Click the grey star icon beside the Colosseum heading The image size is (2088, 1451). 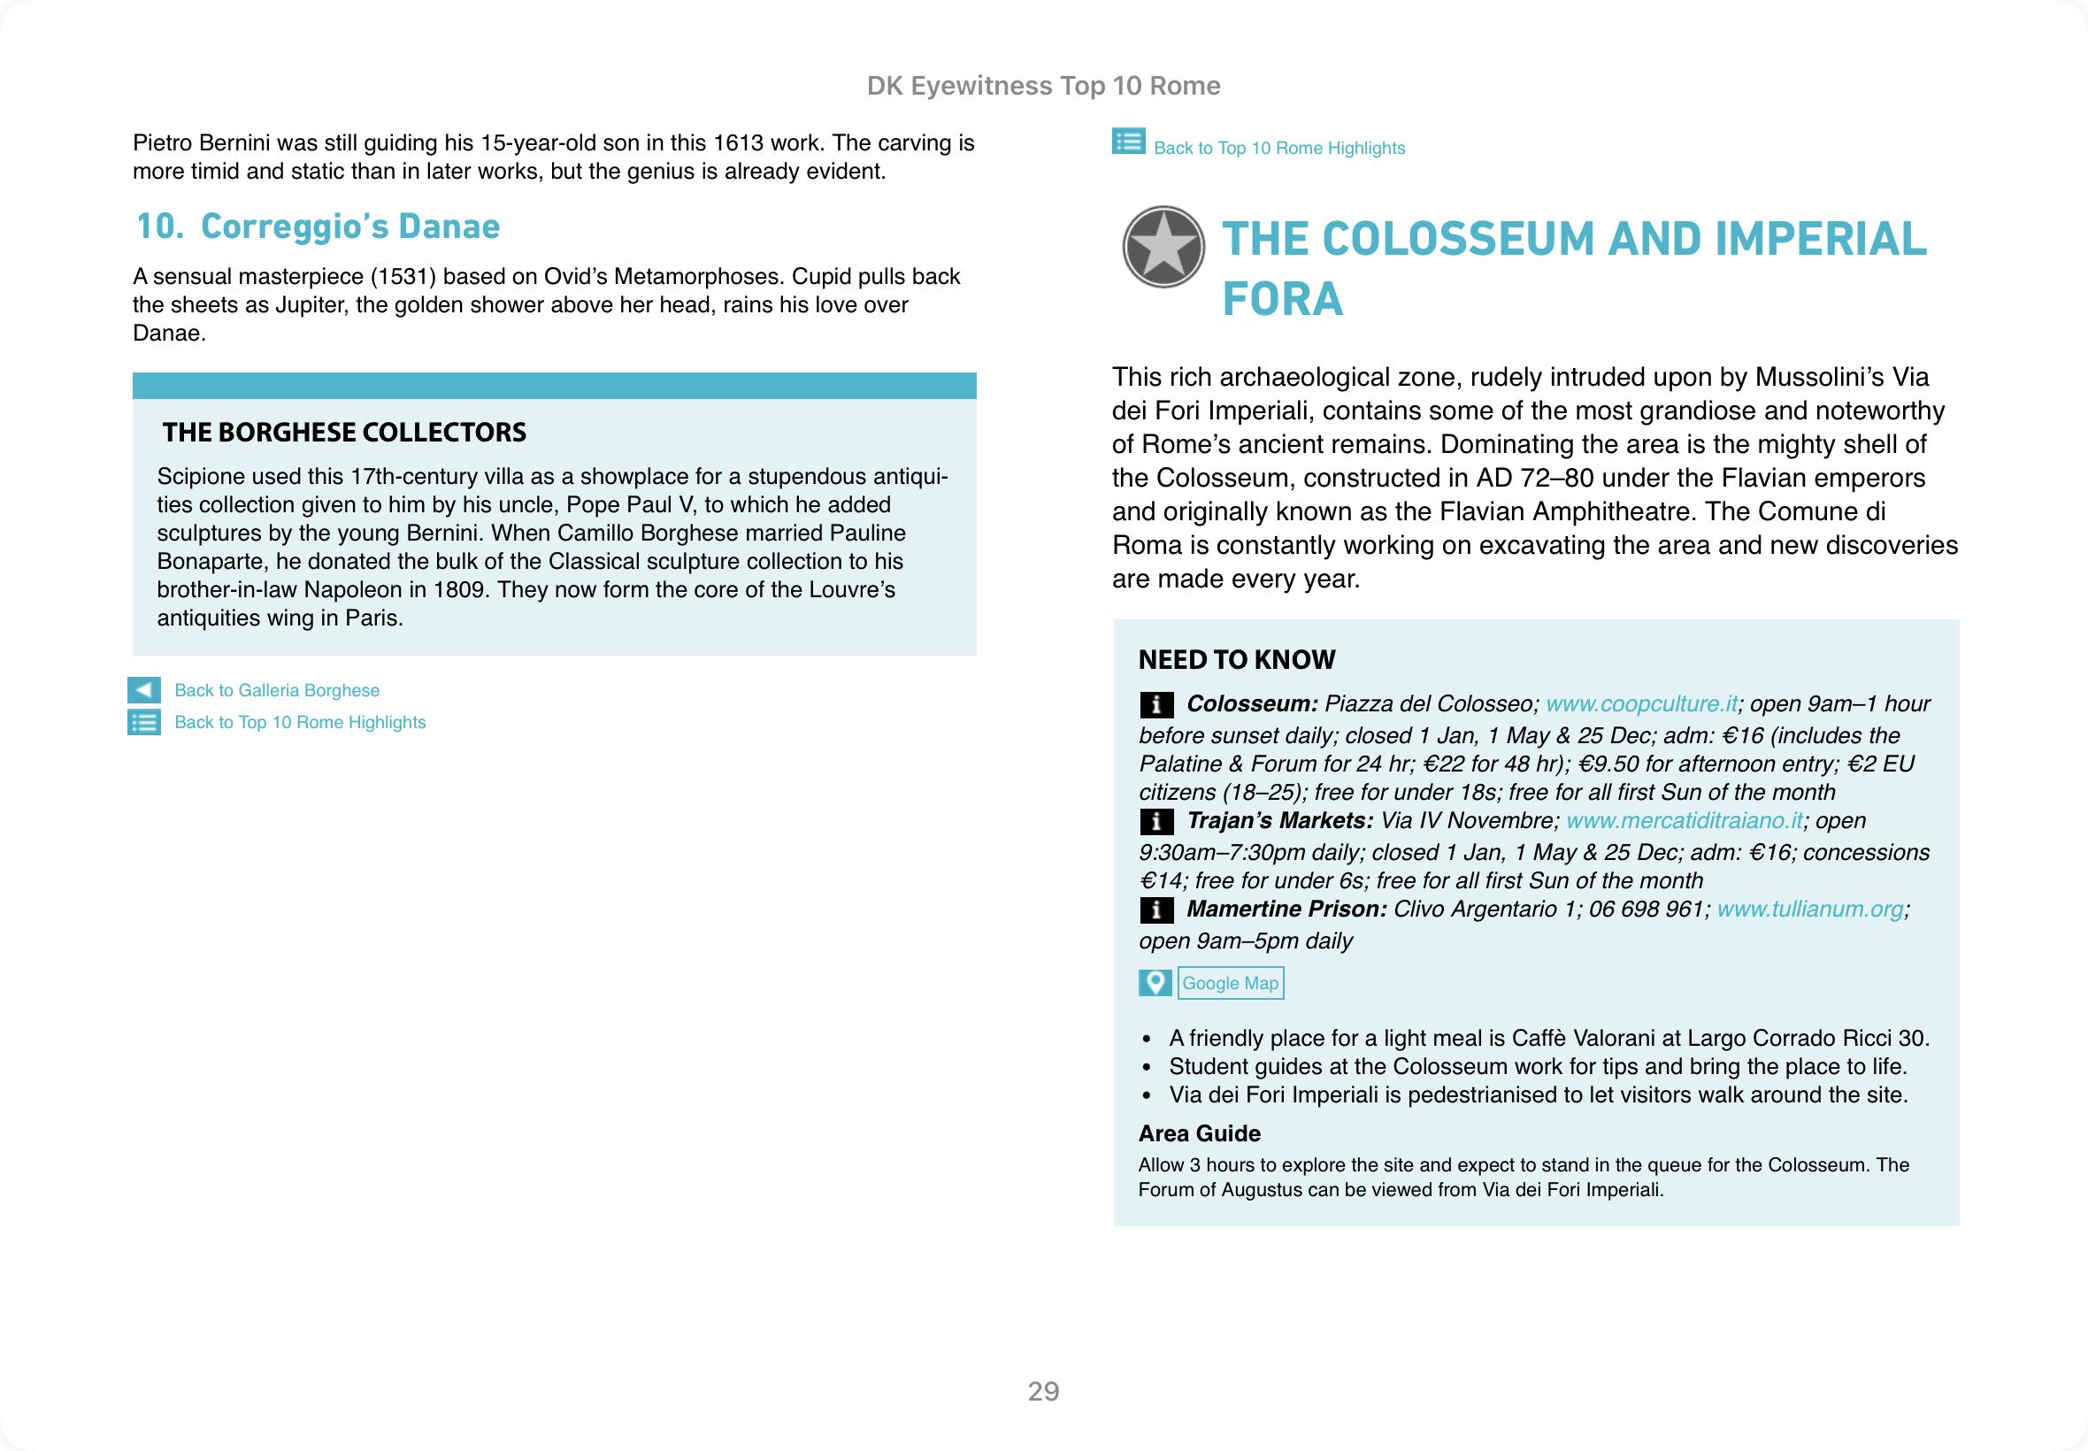coord(1163,247)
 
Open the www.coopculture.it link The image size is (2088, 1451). coord(1642,703)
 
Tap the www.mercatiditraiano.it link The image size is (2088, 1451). coord(1685,821)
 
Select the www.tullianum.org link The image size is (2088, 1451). coord(1810,910)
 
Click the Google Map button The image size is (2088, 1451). coord(1230,983)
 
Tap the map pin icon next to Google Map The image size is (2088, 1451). coord(1155,983)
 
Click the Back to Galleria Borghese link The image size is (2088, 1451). coord(276,690)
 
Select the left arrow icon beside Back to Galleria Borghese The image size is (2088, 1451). coord(143,690)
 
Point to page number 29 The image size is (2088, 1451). coord(1043,1392)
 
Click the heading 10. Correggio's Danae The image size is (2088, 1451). coord(319,226)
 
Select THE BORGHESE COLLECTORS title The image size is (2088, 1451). coord(343,432)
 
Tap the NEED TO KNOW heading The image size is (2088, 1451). coord(1236,660)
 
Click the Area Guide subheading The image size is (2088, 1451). coord(1199,1133)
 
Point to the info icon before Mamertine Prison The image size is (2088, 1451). coord(1155,910)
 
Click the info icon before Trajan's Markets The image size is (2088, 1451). coord(1155,822)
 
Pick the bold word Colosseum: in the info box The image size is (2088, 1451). coord(1252,703)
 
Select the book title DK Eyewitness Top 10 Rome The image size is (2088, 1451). coord(1043,86)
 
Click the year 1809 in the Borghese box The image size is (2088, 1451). coord(459,590)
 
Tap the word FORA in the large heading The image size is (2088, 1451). coord(1282,299)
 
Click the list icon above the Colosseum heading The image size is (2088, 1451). coord(1128,142)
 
